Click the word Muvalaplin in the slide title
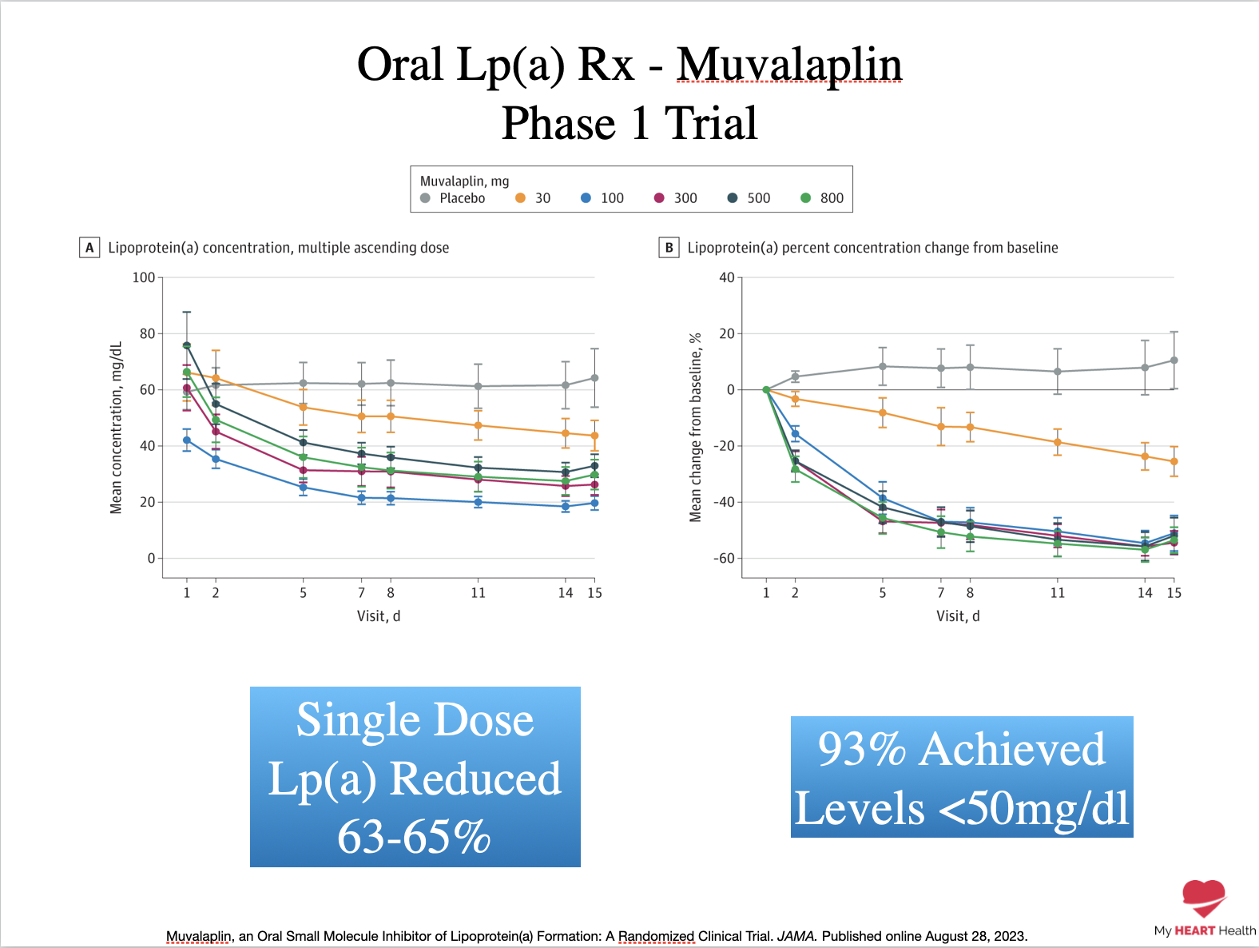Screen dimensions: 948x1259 click(x=789, y=66)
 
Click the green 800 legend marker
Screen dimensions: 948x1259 click(x=805, y=198)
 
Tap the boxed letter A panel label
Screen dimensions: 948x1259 click(x=89, y=248)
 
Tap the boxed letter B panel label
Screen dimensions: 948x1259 click(x=669, y=248)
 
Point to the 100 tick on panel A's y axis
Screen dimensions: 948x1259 click(x=144, y=277)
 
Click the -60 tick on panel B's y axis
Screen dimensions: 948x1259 click(x=723, y=558)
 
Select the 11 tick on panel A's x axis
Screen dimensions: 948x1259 click(x=478, y=592)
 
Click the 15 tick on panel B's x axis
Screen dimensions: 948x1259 click(x=1174, y=592)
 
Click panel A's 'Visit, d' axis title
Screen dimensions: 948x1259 click(x=379, y=615)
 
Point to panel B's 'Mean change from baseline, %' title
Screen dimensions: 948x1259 click(x=695, y=428)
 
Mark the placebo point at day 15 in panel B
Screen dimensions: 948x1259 click(x=1174, y=360)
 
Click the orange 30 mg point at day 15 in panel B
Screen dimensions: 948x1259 click(x=1174, y=461)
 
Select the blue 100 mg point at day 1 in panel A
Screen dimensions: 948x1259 click(x=187, y=440)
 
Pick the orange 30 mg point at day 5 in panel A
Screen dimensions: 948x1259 click(x=303, y=407)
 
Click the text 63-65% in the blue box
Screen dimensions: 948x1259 click(x=414, y=837)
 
